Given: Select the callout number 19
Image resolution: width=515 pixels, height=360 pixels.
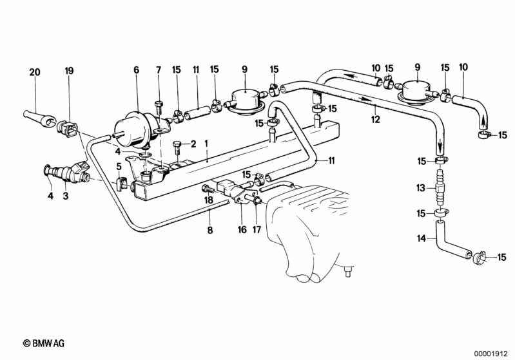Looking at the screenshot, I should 69,71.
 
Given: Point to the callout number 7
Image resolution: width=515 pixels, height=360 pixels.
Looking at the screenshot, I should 159,70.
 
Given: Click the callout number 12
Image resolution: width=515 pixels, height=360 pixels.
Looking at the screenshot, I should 376,120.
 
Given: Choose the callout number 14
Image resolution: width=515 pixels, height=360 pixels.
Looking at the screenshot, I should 421,239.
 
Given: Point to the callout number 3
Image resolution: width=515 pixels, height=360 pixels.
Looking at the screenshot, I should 65,196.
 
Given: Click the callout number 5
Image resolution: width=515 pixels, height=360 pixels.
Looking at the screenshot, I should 119,166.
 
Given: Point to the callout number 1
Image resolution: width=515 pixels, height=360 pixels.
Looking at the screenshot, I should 206,143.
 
